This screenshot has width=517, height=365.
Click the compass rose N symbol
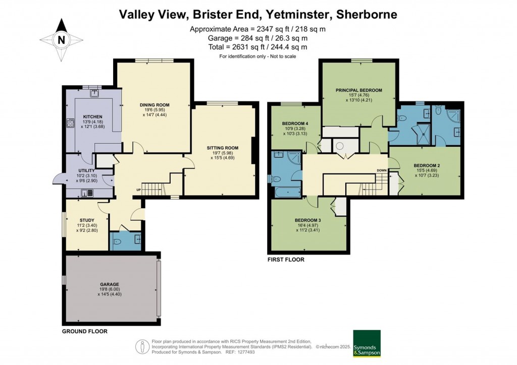click(x=62, y=39)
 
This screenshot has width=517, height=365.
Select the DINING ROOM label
click(x=154, y=105)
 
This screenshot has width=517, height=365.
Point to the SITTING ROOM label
click(x=222, y=148)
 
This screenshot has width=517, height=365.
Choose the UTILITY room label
click(x=86, y=171)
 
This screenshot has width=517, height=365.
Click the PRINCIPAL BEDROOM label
click(x=358, y=90)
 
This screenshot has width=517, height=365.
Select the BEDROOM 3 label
click(x=308, y=220)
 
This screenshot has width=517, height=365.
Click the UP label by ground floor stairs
click(x=138, y=190)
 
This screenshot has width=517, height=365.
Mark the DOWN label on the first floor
click(x=381, y=170)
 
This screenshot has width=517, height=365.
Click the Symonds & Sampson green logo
click(x=366, y=343)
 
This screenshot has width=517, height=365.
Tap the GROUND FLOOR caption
click(x=84, y=332)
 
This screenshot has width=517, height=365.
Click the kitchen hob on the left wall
click(x=69, y=124)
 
